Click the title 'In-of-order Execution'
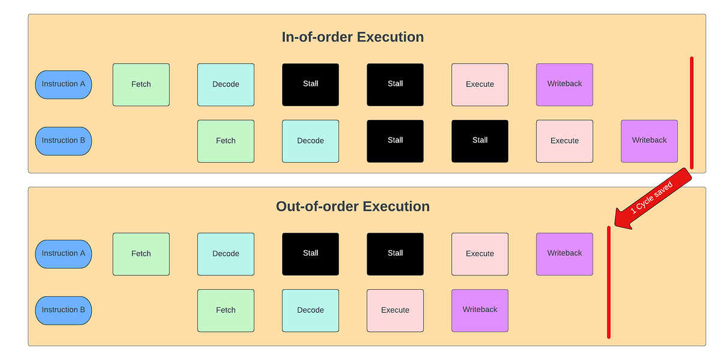click(x=353, y=37)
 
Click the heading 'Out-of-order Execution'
click(x=353, y=206)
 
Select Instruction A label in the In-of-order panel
click(x=64, y=85)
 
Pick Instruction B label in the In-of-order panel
click(x=64, y=141)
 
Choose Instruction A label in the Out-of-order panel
click(x=64, y=254)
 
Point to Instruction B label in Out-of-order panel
click(x=64, y=310)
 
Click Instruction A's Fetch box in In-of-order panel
click(x=141, y=85)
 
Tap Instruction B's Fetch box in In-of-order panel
click(x=226, y=141)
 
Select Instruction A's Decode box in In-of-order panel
click(x=226, y=85)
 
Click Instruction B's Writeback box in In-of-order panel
click(x=649, y=141)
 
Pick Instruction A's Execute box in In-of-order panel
click(x=480, y=85)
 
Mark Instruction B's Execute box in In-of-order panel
click(x=565, y=141)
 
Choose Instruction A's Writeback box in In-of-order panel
click(x=565, y=85)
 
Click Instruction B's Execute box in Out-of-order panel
click(x=395, y=310)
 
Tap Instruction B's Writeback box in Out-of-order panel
click(x=480, y=310)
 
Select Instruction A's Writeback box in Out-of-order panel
click(x=565, y=254)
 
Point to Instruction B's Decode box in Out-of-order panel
click(x=311, y=310)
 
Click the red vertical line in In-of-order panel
click(x=692, y=114)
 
